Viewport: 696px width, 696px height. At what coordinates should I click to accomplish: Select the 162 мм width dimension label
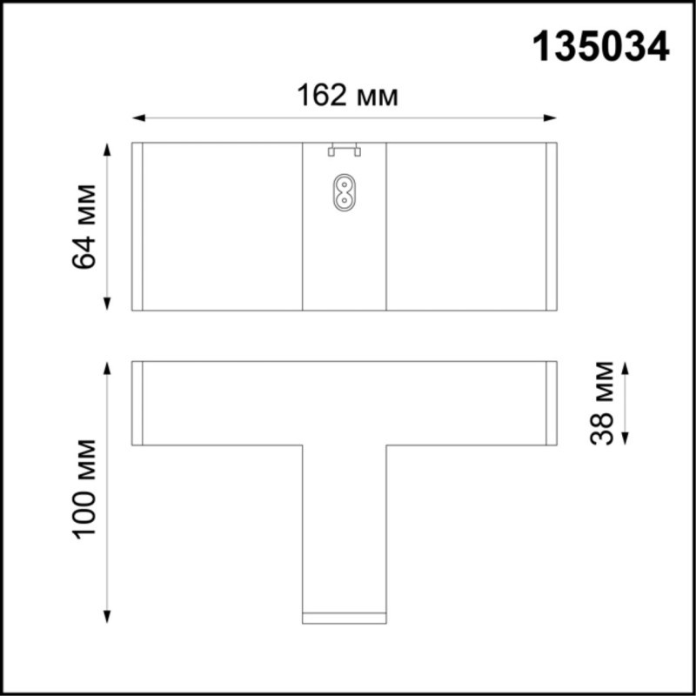tap(347, 96)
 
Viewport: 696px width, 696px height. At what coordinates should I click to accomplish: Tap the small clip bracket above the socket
tap(344, 151)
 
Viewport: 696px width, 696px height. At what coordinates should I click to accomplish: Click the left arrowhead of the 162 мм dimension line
tap(137, 118)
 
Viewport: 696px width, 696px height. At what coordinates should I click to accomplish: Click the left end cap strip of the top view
tap(137, 226)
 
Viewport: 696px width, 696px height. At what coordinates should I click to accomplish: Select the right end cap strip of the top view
tap(551, 226)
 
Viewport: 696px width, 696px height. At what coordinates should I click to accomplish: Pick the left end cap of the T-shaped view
tap(137, 403)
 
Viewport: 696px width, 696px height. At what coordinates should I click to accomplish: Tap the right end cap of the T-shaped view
tap(551, 403)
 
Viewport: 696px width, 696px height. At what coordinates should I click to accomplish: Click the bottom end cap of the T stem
tap(344, 618)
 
